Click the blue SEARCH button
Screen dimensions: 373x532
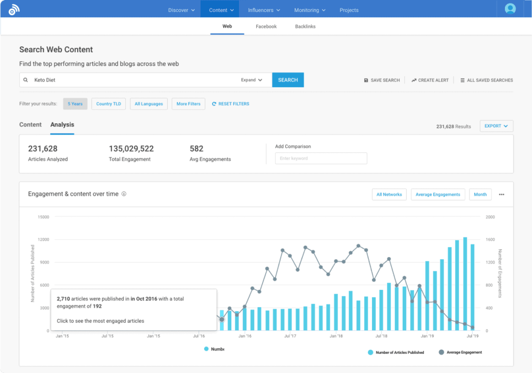click(x=288, y=80)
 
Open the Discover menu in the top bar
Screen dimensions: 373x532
click(x=181, y=10)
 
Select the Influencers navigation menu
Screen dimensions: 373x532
click(x=264, y=10)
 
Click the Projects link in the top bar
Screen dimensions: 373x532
click(x=349, y=10)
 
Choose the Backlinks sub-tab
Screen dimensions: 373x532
click(x=305, y=26)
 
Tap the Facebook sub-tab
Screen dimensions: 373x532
click(x=266, y=26)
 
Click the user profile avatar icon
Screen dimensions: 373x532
click(x=510, y=9)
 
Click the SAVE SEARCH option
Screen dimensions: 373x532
click(x=382, y=81)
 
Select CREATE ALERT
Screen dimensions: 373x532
click(x=430, y=81)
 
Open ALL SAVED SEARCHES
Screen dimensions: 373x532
click(x=486, y=81)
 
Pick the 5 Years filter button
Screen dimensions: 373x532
click(x=75, y=104)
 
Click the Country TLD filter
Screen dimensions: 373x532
click(x=109, y=104)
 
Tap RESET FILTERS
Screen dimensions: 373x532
click(x=231, y=104)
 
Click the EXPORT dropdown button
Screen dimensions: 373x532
click(x=496, y=126)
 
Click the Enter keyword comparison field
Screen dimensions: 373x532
click(x=321, y=158)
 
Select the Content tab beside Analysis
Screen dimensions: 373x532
click(x=31, y=125)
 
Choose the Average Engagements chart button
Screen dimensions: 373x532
click(x=437, y=194)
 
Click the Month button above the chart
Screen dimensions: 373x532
click(x=480, y=194)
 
